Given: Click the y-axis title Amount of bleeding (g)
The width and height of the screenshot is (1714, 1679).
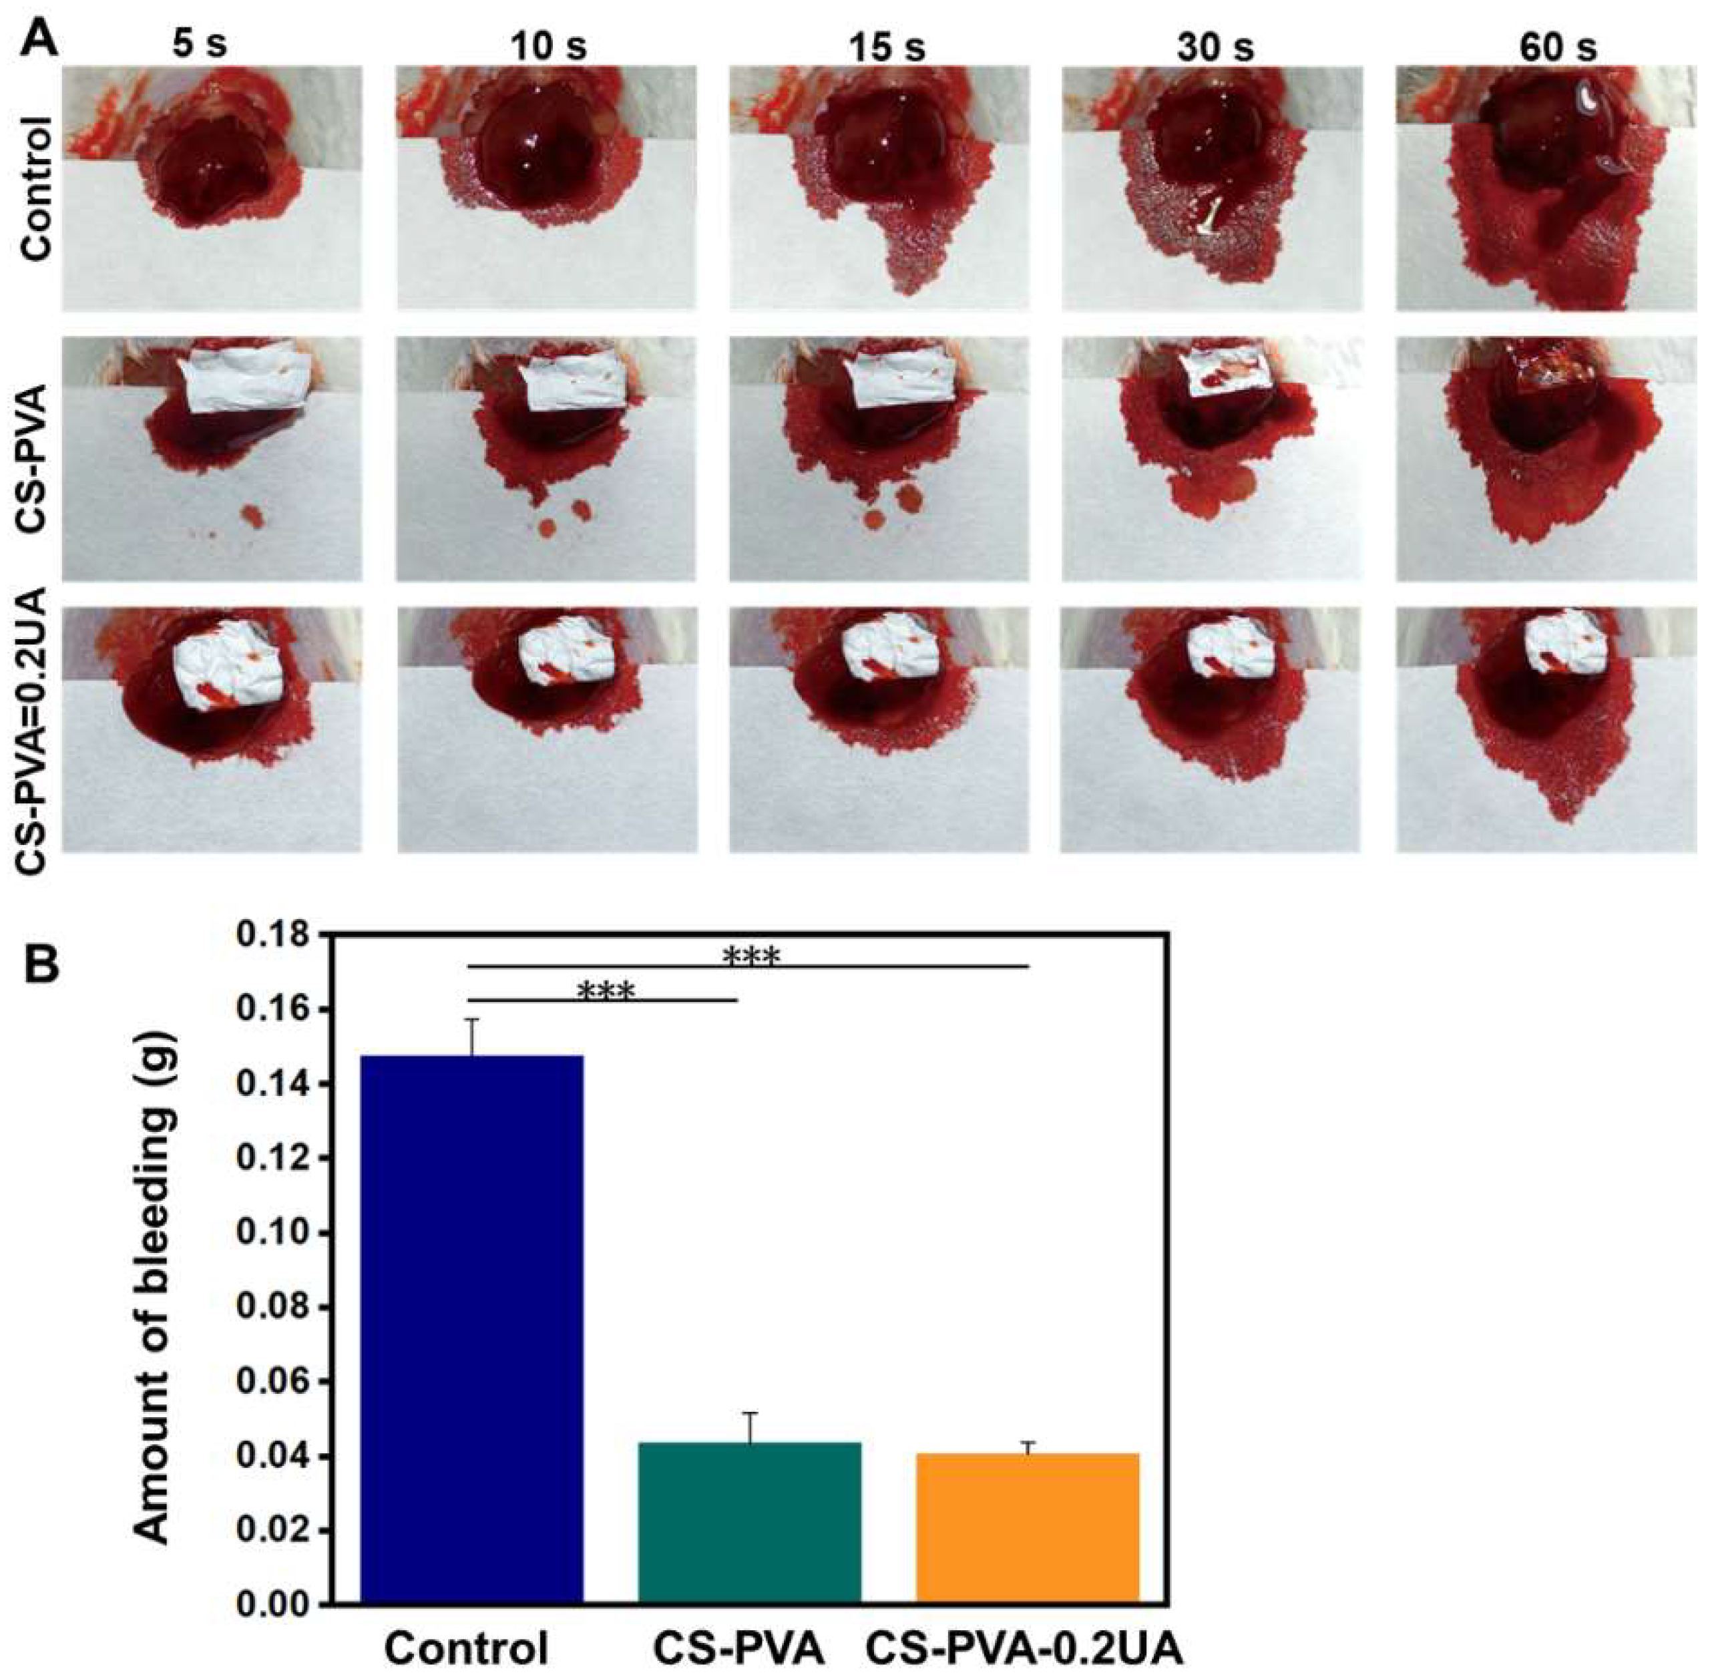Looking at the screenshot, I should click(x=154, y=1270).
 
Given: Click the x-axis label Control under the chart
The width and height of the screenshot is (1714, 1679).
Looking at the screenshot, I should click(x=467, y=1649).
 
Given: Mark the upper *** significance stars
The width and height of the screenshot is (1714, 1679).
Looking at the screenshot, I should click(x=751, y=957).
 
